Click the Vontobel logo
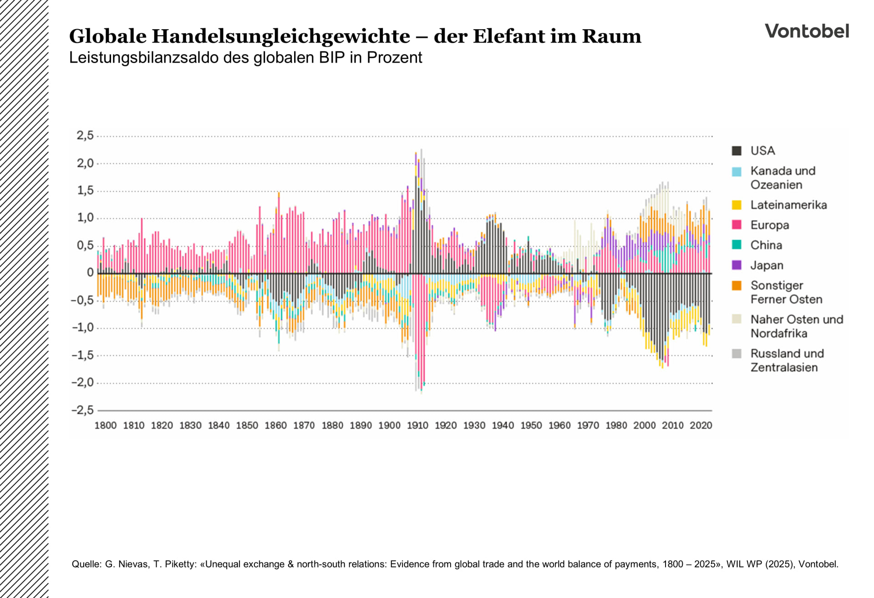tap(807, 31)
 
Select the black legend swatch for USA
tap(737, 151)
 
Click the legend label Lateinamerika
tap(788, 205)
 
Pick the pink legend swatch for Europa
tap(737, 225)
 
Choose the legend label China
tap(766, 245)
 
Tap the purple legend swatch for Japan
tap(737, 265)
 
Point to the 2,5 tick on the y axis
tap(85, 135)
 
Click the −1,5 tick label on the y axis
tap(82, 355)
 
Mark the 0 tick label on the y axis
tap(90, 273)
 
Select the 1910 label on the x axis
tap(417, 425)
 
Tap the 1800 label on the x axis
tap(106, 425)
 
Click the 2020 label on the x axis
tap(701, 425)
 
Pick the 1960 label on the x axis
tap(559, 425)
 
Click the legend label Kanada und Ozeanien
tap(783, 178)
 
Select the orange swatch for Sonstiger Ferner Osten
tap(737, 286)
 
